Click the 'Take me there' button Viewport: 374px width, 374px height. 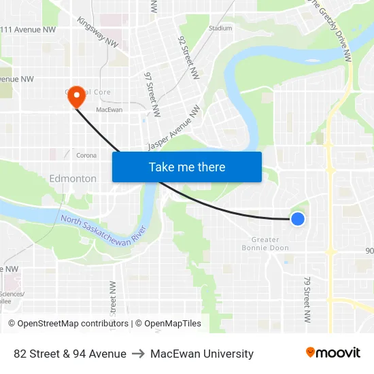point(187,167)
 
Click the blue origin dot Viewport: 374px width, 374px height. point(297,218)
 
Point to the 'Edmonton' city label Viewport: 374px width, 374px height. point(73,178)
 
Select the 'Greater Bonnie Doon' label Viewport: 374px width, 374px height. point(265,243)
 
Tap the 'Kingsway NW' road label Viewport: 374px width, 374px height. point(99,31)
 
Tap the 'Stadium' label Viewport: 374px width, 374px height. point(220,29)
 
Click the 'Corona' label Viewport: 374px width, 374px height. point(86,155)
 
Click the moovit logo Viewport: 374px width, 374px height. point(333,352)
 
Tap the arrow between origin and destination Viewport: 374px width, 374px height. point(138,354)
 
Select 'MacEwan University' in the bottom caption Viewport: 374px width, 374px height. point(202,354)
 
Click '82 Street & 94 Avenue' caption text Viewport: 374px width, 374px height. point(70,354)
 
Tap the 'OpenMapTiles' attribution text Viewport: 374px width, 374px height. point(173,324)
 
